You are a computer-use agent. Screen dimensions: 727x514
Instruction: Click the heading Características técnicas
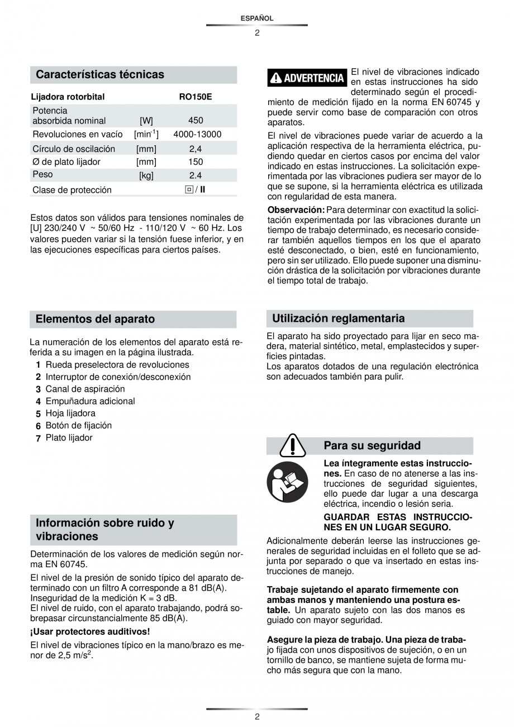[x=100, y=74]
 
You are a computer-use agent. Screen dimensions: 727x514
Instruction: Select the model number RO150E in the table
[x=195, y=97]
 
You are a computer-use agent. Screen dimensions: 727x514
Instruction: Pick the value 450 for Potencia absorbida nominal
[x=196, y=120]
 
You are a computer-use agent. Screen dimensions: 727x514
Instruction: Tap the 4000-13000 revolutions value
[x=197, y=134]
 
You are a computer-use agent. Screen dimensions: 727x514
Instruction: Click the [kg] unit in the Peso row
[x=146, y=175]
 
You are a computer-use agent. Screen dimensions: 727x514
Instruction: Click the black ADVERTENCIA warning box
[x=307, y=78]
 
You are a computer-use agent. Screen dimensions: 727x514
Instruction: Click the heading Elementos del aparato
[x=95, y=319]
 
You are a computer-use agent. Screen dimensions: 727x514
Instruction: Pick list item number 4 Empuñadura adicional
[x=89, y=401]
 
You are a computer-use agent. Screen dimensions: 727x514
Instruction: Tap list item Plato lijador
[x=69, y=438]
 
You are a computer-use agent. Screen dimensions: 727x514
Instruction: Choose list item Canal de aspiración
[x=85, y=389]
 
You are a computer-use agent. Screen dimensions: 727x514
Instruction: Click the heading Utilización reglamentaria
[x=338, y=319]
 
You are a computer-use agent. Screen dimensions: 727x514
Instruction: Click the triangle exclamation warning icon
[x=291, y=445]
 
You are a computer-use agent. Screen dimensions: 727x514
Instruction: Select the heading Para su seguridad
[x=372, y=445]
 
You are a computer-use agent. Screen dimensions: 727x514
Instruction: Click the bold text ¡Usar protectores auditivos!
[x=90, y=631]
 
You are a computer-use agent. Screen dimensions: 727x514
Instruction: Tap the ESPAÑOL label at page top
[x=257, y=18]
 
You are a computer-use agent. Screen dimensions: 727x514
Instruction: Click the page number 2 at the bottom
[x=257, y=717]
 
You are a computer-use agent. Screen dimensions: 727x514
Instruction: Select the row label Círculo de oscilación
[x=74, y=149]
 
